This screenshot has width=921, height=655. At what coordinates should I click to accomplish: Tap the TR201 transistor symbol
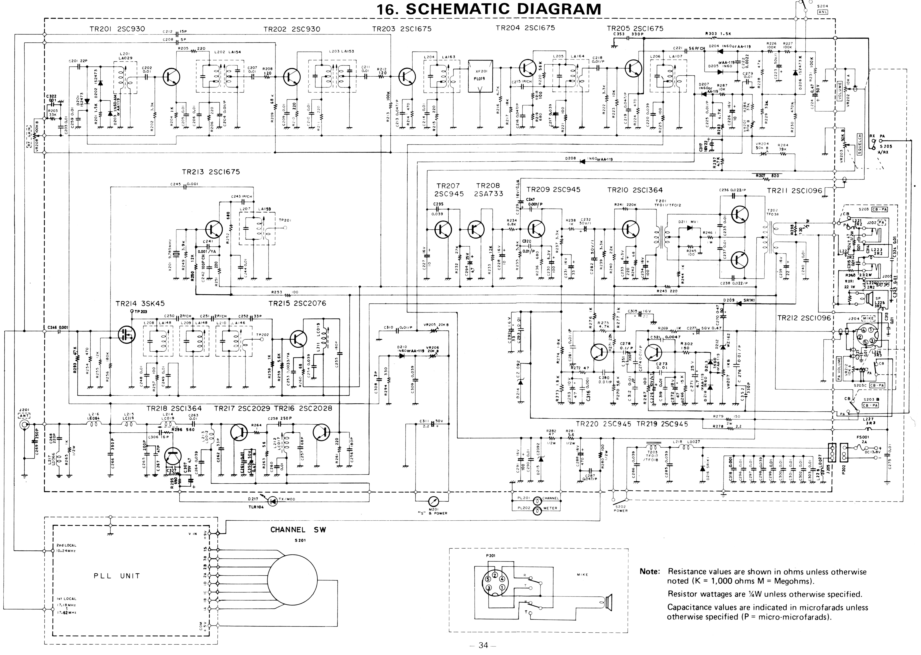171,76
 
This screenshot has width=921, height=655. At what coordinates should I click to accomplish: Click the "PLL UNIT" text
117,576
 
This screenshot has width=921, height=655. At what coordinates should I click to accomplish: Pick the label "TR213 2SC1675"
210,172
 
